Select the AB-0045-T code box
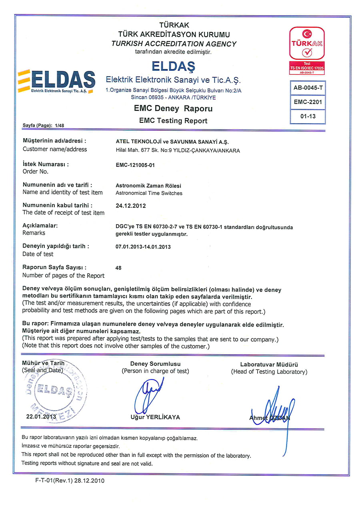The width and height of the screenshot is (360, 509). coord(307,88)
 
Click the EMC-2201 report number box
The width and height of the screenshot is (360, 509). coord(307,102)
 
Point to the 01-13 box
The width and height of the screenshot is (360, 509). coord(307,116)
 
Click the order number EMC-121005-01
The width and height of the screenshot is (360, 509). coord(135,165)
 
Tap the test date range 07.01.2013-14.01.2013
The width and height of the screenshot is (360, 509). coord(143,247)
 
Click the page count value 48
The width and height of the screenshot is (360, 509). coord(118,268)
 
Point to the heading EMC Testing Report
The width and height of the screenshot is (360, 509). coord(173,120)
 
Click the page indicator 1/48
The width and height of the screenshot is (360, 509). coord(60,126)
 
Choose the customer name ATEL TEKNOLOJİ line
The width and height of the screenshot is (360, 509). coord(172,142)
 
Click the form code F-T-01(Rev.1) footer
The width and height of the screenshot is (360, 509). coord(70,481)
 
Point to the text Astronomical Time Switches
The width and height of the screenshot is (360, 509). coord(149,193)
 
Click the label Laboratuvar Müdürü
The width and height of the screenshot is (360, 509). coord(269,365)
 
